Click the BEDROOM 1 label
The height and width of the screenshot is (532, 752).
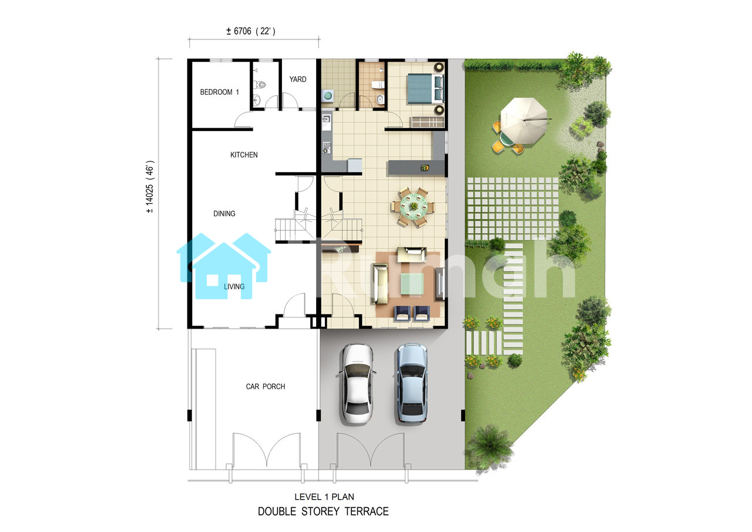[220, 92]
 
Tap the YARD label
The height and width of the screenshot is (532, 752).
[298, 79]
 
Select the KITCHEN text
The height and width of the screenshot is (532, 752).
[244, 155]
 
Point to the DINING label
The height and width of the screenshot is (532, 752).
[224, 213]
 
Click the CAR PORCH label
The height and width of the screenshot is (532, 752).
[265, 387]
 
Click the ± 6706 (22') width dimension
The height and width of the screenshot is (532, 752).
[251, 31]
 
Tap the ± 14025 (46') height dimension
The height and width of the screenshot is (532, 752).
[150, 187]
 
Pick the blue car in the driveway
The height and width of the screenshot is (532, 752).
[412, 383]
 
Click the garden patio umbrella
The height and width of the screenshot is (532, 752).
[523, 121]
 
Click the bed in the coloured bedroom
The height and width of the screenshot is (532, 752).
[425, 89]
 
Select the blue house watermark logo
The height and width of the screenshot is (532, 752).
[223, 266]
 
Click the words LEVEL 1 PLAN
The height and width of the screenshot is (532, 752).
[324, 496]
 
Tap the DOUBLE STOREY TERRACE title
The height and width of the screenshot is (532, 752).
[323, 511]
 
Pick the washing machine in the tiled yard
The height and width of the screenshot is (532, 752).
[328, 95]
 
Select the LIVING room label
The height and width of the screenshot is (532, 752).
[234, 286]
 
